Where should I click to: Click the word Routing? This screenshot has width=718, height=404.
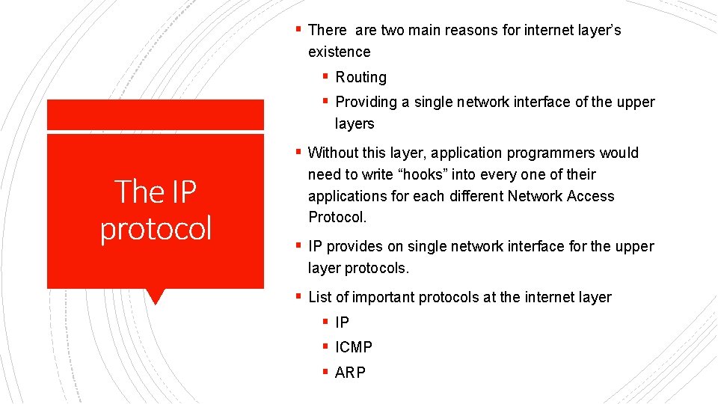pos(361,77)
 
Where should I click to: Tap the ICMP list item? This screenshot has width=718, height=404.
pos(354,347)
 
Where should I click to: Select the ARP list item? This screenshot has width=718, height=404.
pos(351,373)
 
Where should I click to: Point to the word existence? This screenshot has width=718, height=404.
pos(339,52)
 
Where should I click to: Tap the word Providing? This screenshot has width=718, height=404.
pos(367,102)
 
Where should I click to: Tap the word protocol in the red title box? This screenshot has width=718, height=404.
pos(156,227)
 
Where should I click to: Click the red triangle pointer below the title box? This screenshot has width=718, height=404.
pos(156,296)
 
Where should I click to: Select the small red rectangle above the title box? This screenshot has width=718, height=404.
pos(156,114)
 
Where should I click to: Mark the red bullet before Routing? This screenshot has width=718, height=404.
pos(325,76)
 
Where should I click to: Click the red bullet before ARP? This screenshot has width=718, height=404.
pos(325,372)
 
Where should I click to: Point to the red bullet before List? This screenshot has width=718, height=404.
pos(298,296)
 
